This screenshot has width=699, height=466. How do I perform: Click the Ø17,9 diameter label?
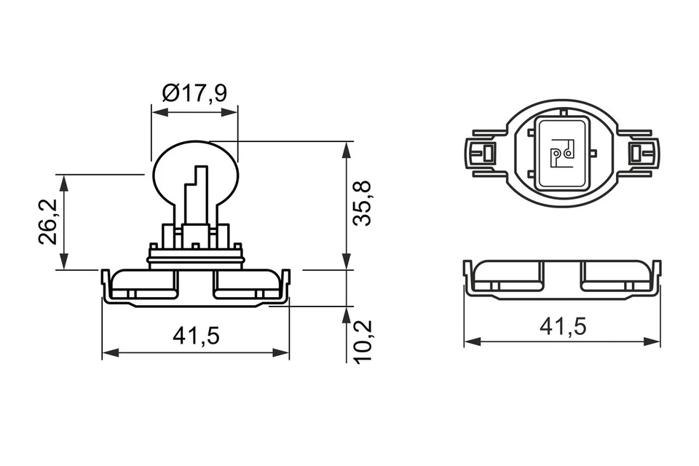click(x=194, y=93)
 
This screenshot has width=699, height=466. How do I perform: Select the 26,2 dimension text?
click(x=49, y=222)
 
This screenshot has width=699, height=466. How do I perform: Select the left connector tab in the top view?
click(x=483, y=154)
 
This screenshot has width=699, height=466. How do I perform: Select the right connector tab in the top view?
click(x=639, y=154)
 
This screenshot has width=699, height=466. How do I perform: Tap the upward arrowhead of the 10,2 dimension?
click(x=347, y=312)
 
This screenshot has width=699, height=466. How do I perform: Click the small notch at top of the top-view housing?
click(x=564, y=110)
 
